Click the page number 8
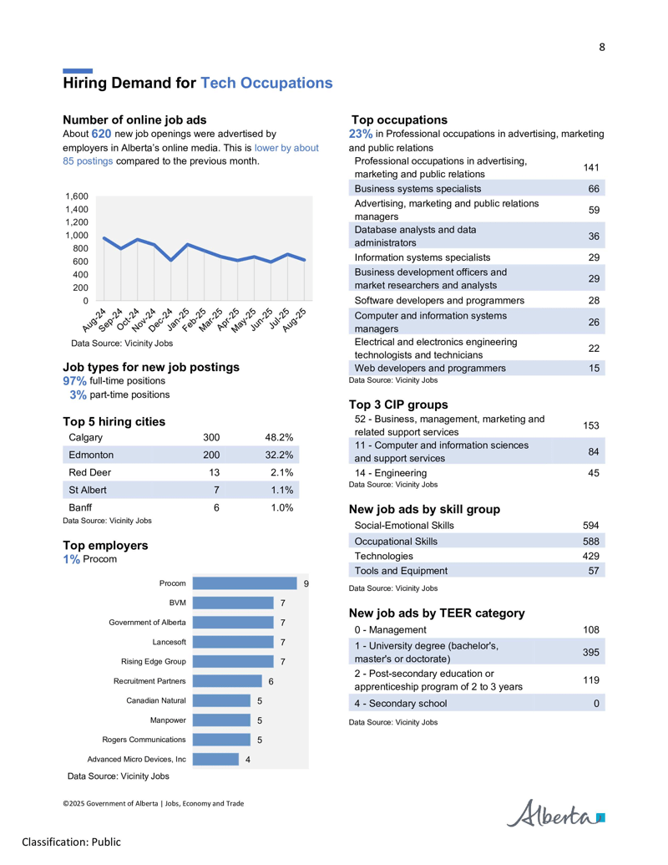click(x=602, y=48)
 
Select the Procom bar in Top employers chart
click(x=245, y=583)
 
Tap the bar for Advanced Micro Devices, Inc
click(x=215, y=759)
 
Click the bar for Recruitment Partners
click(x=227, y=681)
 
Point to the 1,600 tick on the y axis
click(x=77, y=196)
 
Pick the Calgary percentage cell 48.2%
click(x=279, y=437)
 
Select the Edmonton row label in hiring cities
click(x=91, y=455)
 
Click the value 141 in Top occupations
click(x=591, y=168)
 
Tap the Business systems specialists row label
click(x=417, y=189)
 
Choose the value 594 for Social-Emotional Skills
click(x=591, y=526)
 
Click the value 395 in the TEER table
click(x=591, y=653)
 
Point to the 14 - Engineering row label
click(x=390, y=473)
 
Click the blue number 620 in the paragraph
click(x=101, y=134)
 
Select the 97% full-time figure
click(x=74, y=381)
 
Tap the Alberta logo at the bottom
click(x=555, y=813)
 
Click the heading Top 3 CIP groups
click(x=398, y=405)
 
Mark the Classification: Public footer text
click(x=71, y=842)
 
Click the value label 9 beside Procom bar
click(x=306, y=583)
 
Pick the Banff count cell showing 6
click(x=216, y=508)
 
